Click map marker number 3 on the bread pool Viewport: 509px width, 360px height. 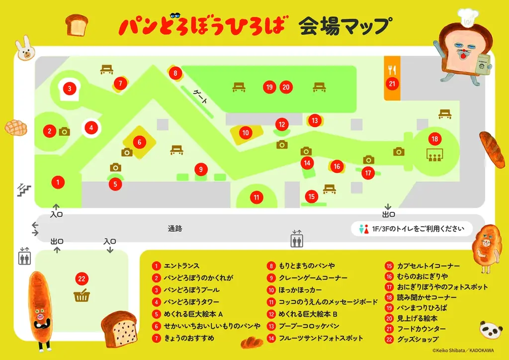pos(70,89)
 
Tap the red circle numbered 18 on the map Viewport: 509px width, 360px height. pos(435,139)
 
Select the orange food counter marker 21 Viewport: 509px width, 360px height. pos(392,84)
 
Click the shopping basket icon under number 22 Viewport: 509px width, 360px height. pos(82,296)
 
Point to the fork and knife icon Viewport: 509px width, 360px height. pos(392,69)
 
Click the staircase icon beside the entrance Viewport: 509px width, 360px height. pos(24,189)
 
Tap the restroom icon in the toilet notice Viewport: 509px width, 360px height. pos(362,229)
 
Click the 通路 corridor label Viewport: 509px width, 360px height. pos(175,229)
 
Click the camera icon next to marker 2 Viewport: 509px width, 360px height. pos(65,132)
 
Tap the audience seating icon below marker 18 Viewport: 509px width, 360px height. pos(435,155)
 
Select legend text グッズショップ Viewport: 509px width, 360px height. pos(418,339)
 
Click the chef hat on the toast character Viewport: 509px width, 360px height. pos(468,16)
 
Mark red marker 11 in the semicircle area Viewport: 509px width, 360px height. pos(256,197)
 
